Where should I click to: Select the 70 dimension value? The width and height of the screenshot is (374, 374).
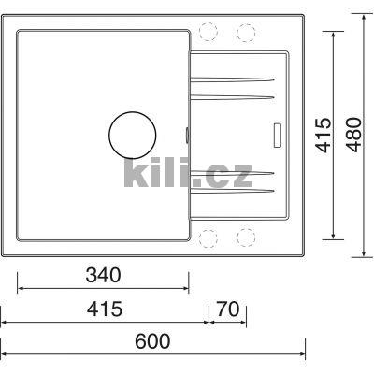[x=227, y=308]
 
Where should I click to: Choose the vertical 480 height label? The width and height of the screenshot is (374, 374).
[x=351, y=135]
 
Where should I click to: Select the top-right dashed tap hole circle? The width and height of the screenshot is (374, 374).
[x=246, y=32]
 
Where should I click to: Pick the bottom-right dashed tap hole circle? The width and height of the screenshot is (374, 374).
[x=246, y=236]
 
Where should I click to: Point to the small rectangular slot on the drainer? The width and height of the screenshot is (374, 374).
[x=277, y=134]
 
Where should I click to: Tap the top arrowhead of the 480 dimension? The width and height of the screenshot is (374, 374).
[x=365, y=16]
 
